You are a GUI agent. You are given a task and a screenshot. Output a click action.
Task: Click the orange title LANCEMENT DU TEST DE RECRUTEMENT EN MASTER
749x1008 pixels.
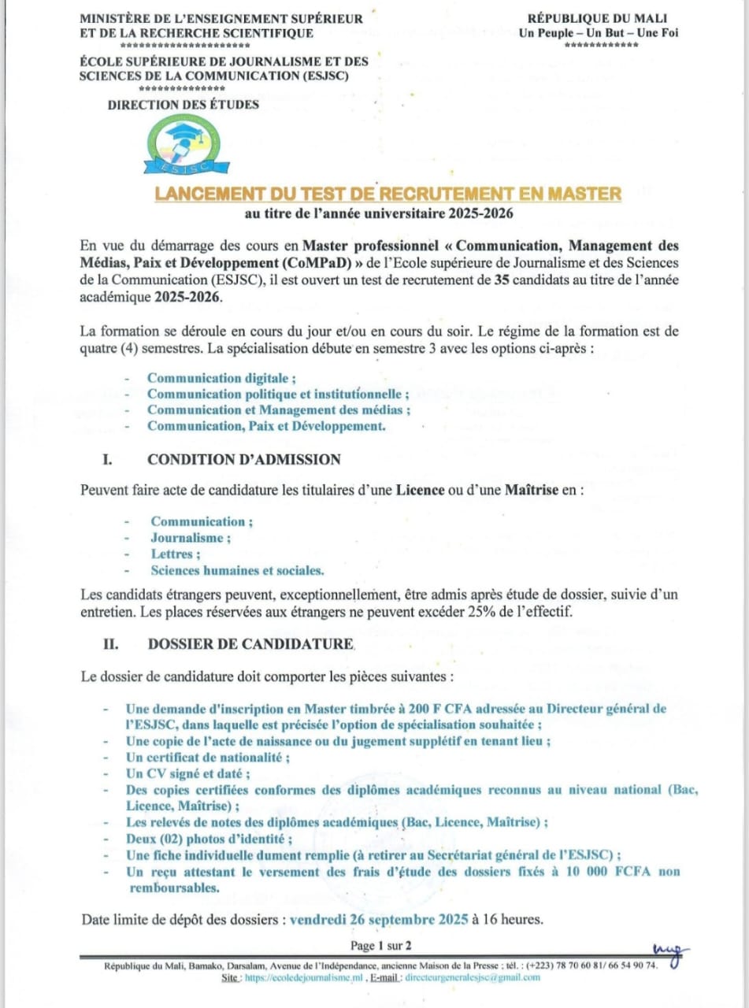click(387, 194)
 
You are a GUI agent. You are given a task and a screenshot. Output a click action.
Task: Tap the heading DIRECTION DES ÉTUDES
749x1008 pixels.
click(184, 105)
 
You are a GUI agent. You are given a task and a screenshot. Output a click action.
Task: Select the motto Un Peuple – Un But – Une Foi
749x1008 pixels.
click(599, 32)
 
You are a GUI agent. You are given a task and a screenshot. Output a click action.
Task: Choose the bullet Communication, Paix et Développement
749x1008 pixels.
click(266, 426)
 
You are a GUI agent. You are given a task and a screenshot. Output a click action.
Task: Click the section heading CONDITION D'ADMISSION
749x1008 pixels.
click(244, 459)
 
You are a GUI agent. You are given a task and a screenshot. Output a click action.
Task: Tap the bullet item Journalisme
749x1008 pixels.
click(191, 538)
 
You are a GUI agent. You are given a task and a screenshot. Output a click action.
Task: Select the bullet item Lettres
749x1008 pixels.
click(175, 554)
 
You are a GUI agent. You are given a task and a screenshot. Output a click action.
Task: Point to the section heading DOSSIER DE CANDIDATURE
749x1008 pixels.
click(250, 644)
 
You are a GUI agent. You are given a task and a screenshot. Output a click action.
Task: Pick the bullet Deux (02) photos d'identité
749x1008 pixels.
click(209, 839)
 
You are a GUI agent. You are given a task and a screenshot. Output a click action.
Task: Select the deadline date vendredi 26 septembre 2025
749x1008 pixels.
click(380, 919)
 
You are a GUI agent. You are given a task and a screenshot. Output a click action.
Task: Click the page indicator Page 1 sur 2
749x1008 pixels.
click(381, 945)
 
